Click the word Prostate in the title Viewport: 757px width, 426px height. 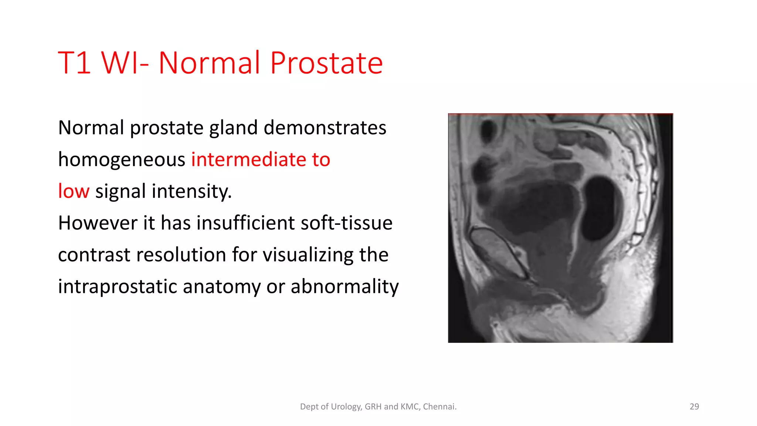(326, 63)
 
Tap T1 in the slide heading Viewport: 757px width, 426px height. (74, 63)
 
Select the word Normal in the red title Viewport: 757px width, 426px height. (209, 63)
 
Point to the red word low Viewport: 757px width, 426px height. (74, 192)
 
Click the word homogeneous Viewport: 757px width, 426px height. (122, 160)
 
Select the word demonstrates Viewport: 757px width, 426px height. (325, 128)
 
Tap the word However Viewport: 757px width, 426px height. (98, 223)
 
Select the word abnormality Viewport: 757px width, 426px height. (344, 287)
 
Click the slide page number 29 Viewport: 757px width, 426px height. (694, 406)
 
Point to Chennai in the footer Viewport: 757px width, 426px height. (439, 406)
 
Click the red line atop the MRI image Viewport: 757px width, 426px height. (560, 114)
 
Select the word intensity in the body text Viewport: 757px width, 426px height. (191, 192)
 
